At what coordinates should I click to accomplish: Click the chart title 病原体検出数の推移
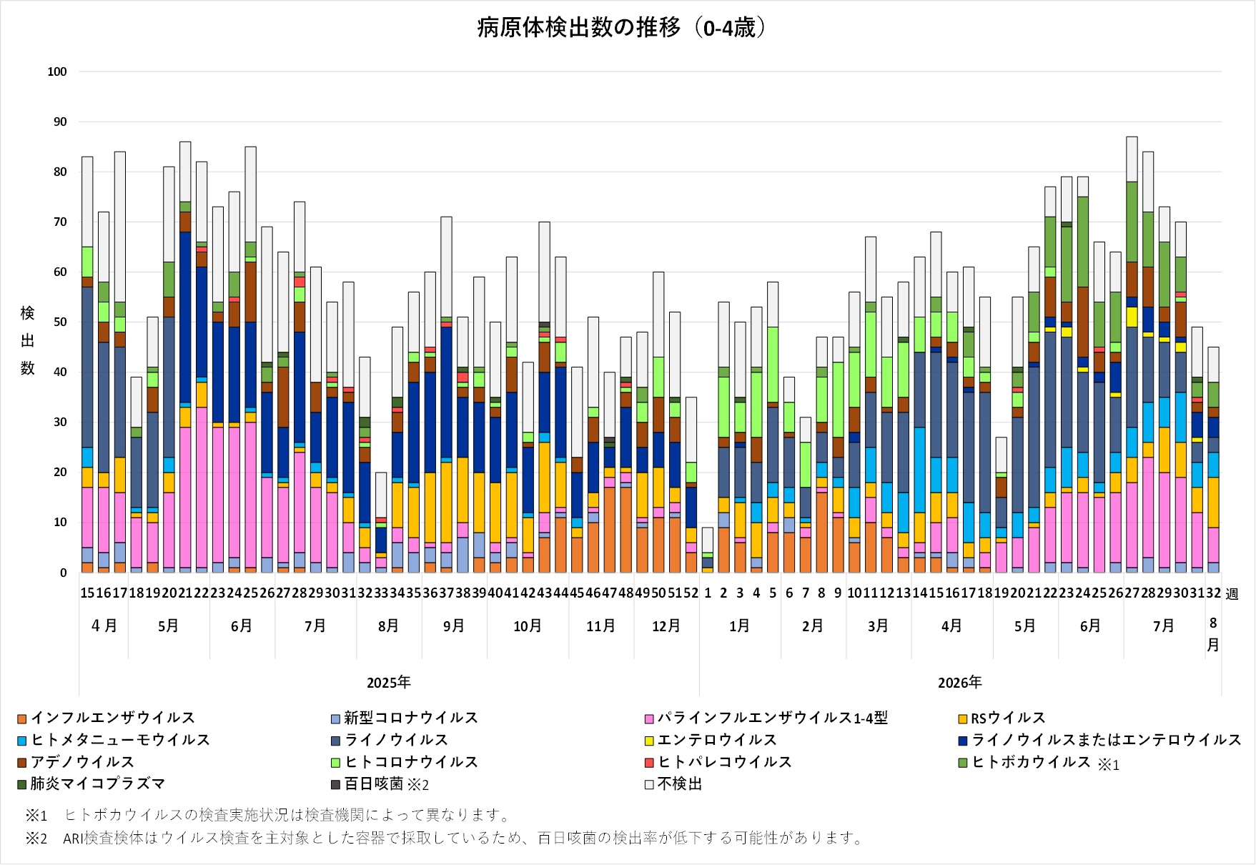[579, 28]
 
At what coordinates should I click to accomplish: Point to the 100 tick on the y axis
[57, 71]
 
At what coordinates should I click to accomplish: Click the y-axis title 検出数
[27, 340]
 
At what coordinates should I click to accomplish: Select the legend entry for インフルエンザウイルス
[106, 718]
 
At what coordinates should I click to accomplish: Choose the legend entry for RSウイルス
[1002, 718]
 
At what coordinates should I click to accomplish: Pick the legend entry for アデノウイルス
[75, 762]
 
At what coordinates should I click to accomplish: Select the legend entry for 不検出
[673, 784]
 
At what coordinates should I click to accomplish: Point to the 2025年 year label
[389, 683]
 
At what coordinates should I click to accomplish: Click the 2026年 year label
[960, 683]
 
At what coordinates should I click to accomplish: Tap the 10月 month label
[528, 626]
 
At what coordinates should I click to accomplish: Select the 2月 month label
[813, 626]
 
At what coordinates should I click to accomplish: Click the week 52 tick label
[691, 593]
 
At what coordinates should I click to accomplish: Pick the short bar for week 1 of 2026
[707, 550]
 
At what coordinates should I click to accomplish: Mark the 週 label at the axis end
[1232, 594]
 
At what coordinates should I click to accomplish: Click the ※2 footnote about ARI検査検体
[445, 838]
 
